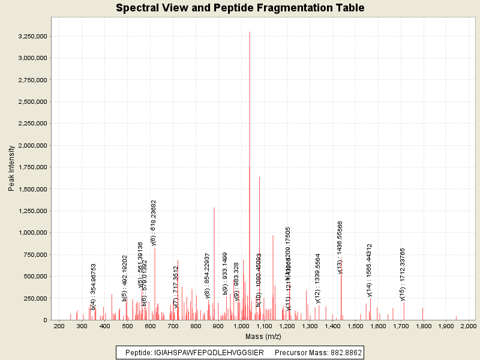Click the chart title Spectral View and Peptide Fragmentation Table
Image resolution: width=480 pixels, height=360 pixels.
pos(240,8)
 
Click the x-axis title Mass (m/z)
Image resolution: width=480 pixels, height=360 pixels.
pos(263,336)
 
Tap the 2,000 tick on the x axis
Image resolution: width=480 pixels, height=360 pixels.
pos(468,326)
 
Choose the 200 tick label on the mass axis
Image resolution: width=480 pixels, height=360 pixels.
pos(59,326)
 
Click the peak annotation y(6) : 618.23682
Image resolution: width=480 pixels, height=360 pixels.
pos(154,223)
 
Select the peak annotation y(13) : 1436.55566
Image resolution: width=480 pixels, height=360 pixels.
pos(340,247)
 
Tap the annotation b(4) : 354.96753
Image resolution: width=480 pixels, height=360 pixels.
pos(94,287)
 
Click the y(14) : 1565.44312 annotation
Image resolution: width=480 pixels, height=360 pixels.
pos(370,270)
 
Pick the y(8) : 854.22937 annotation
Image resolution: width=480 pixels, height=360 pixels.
pos(207,275)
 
